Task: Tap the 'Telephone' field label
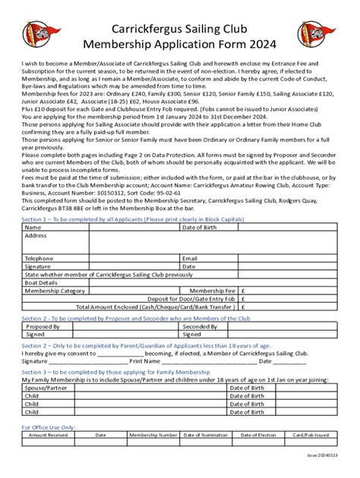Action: [x=39, y=258]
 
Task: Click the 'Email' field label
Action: [x=190, y=258]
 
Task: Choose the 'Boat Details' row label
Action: [x=43, y=282]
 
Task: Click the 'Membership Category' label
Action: [x=55, y=291]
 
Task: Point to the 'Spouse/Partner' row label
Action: [x=46, y=388]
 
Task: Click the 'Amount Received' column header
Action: [x=48, y=436]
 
